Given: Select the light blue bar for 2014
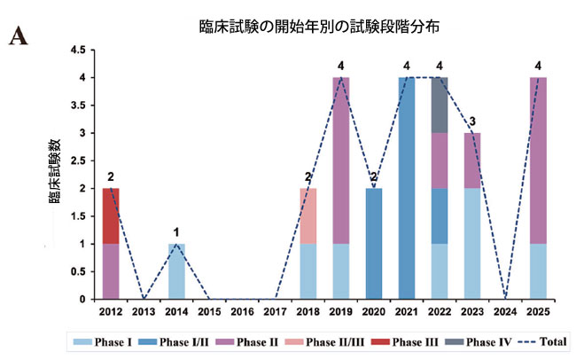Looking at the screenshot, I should pyautogui.click(x=177, y=270).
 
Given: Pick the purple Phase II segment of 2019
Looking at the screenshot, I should pyautogui.click(x=341, y=160).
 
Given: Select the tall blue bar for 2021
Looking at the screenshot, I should pyautogui.click(x=407, y=188).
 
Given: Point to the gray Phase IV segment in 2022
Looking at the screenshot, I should pyautogui.click(x=440, y=106).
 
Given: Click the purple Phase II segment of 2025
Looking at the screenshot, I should pyautogui.click(x=538, y=160).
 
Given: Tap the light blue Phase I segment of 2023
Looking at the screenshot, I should pyautogui.click(x=472, y=243).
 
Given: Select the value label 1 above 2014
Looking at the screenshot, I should pyautogui.click(x=177, y=232).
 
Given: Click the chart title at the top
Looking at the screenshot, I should pyautogui.click(x=319, y=27).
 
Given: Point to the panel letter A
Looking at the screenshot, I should pyautogui.click(x=17, y=36).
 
